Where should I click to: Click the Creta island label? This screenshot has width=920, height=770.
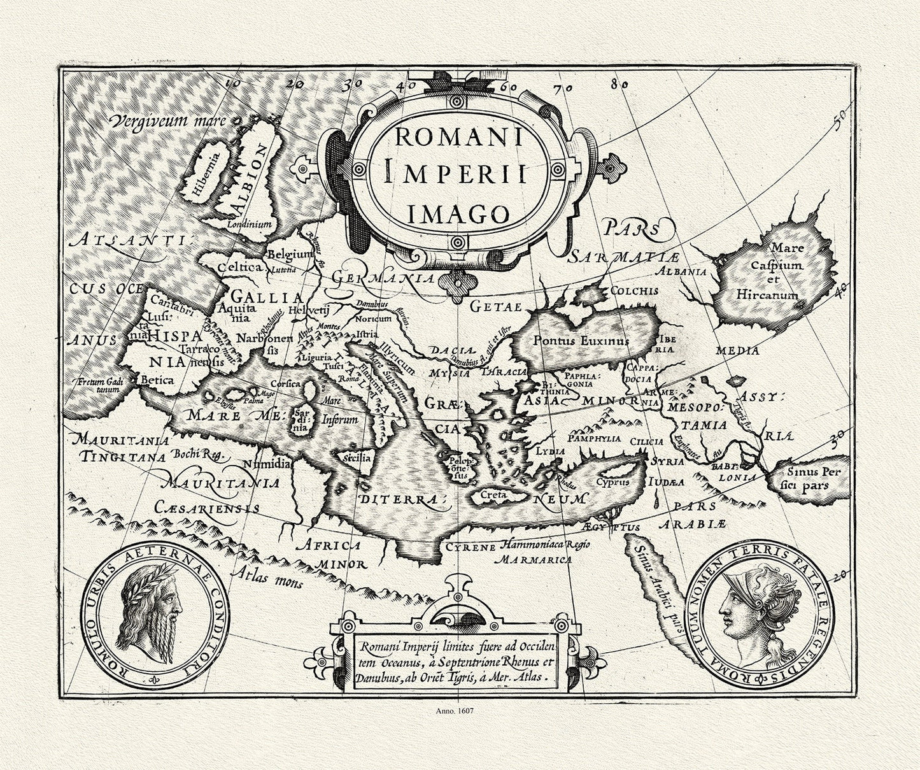pos(492,494)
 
